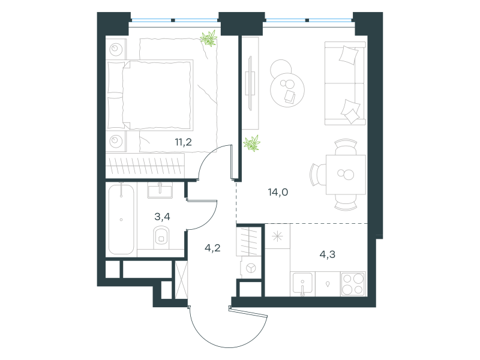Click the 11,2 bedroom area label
click(184, 142)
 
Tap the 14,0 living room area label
click(278, 192)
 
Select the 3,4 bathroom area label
click(162, 217)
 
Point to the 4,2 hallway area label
click(212, 248)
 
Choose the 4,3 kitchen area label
click(327, 254)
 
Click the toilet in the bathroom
click(161, 237)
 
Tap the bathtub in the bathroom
click(121, 219)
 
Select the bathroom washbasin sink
click(160, 190)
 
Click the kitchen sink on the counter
click(302, 284)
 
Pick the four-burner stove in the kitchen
click(353, 284)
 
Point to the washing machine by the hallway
click(251, 268)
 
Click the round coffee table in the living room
click(287, 90)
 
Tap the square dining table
click(346, 175)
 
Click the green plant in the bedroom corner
click(209, 38)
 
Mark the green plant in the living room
click(251, 143)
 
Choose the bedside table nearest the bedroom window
click(116, 49)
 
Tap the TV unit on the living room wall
click(251, 83)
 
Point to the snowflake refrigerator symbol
click(277, 236)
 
